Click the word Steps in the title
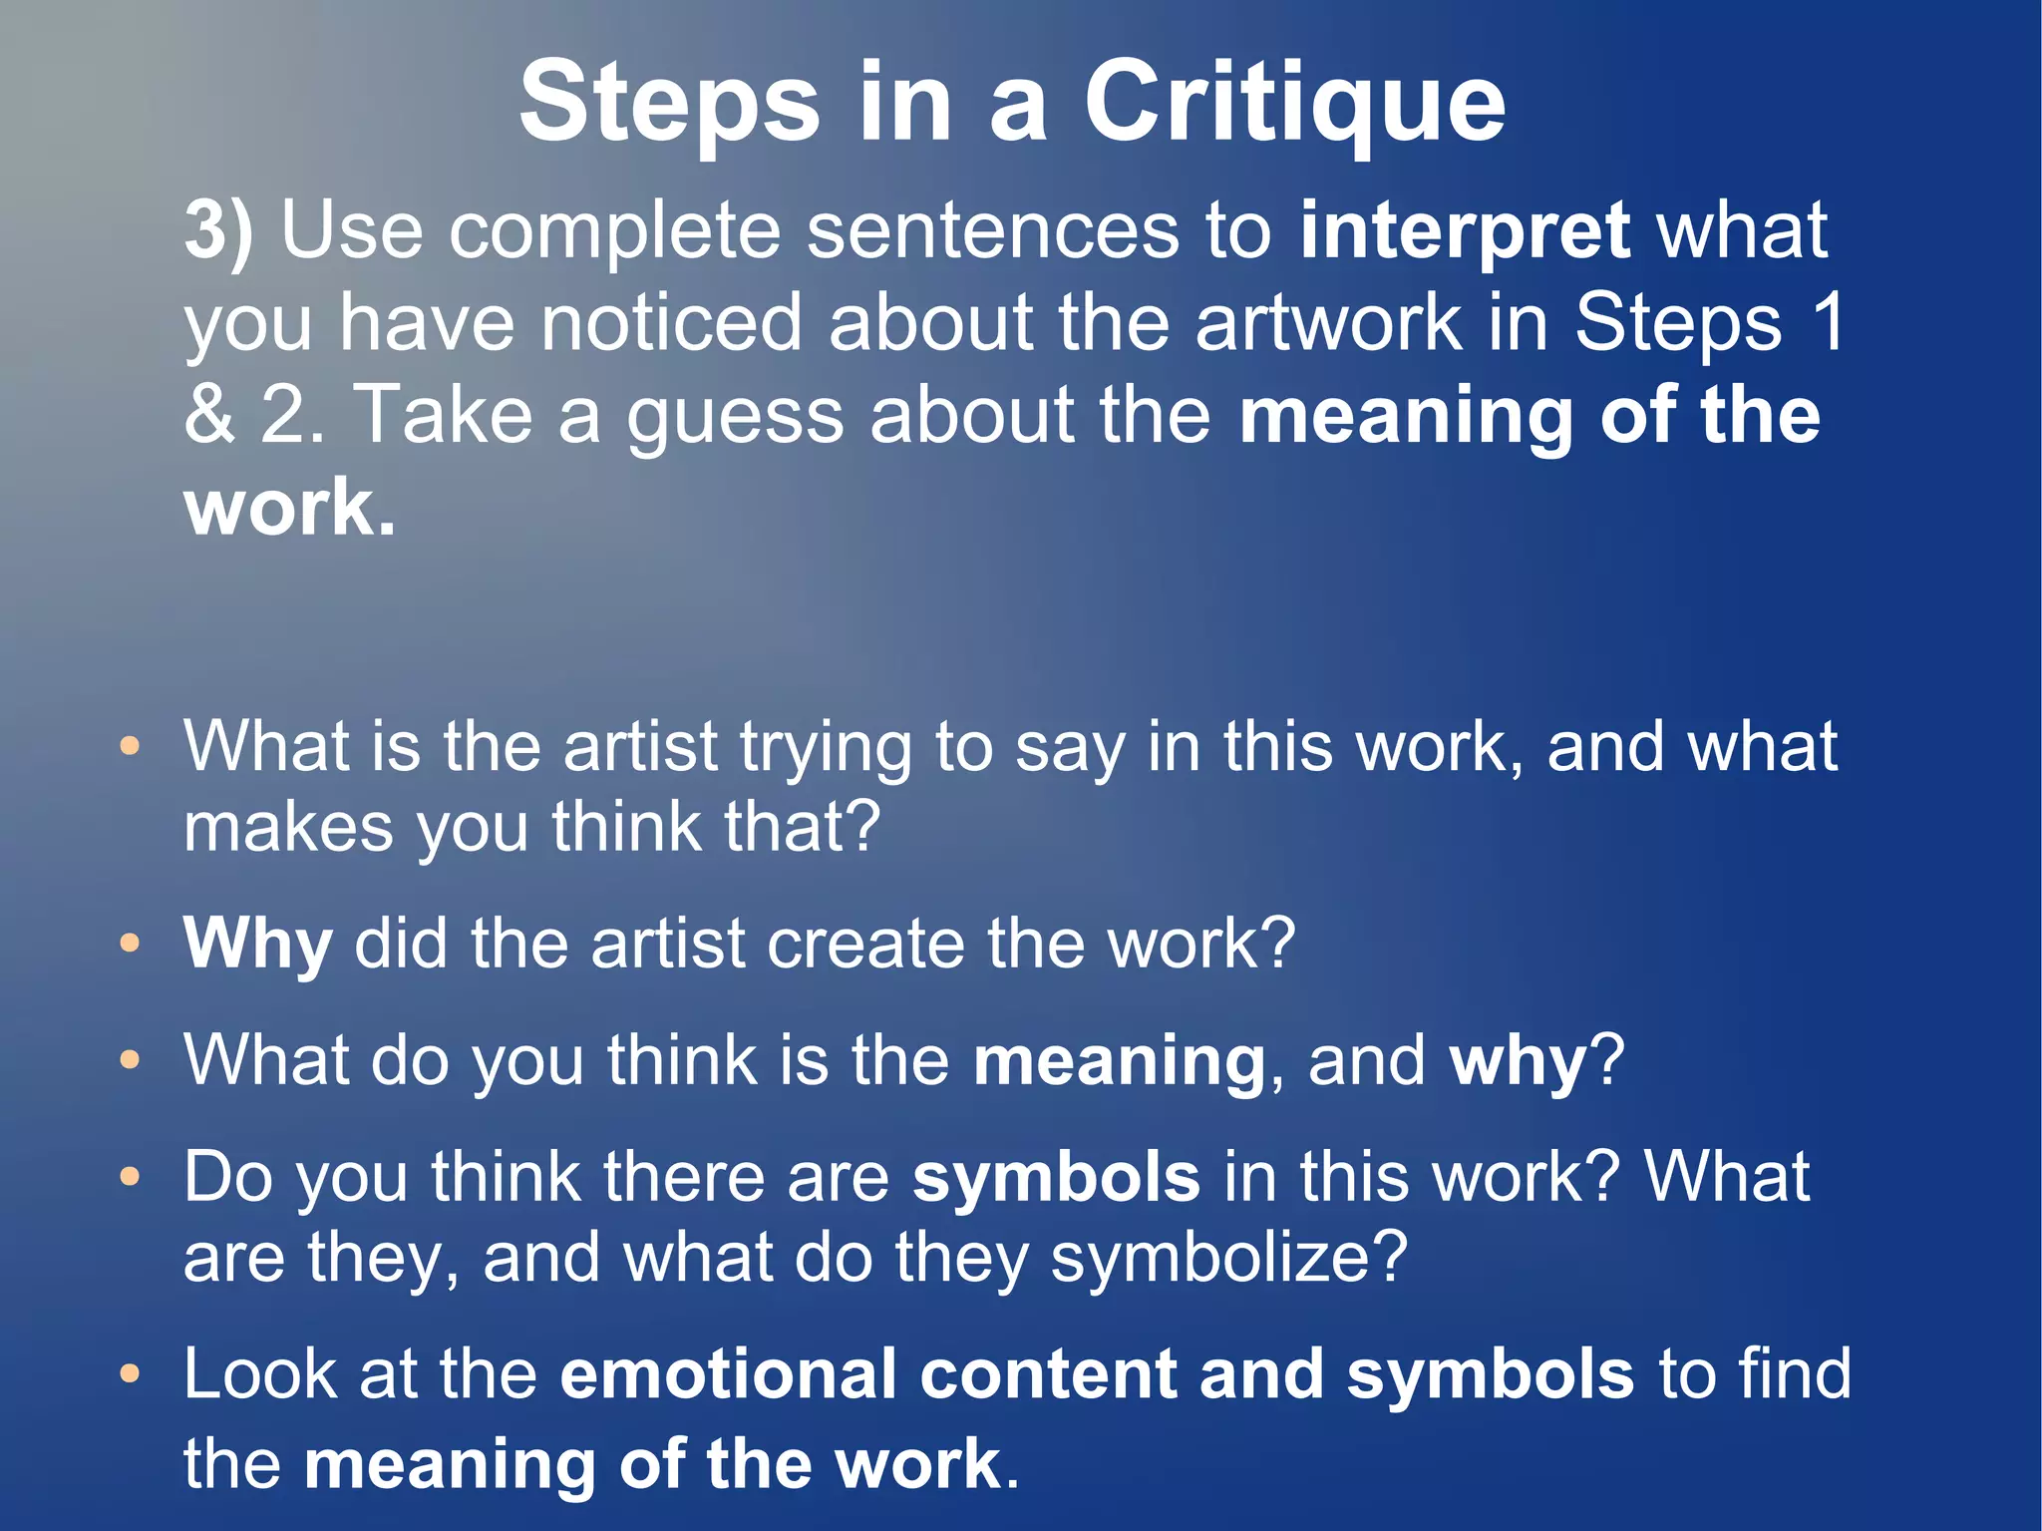pyautogui.click(x=669, y=103)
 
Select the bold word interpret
pyautogui.click(x=1465, y=231)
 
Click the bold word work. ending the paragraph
pyautogui.click(x=290, y=508)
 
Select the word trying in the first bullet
pyautogui.click(x=826, y=748)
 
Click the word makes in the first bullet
pyautogui.click(x=289, y=827)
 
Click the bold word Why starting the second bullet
pyautogui.click(x=257, y=944)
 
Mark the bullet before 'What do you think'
pyautogui.click(x=130, y=1059)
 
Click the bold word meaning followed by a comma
pyautogui.click(x=1119, y=1061)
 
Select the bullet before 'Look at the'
pyautogui.click(x=130, y=1374)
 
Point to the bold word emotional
pyautogui.click(x=728, y=1374)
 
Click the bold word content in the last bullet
pyautogui.click(x=1049, y=1374)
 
